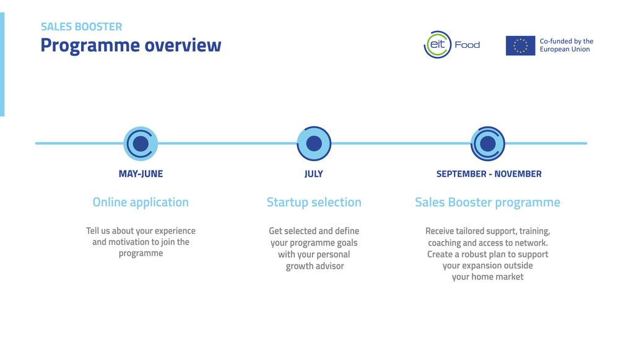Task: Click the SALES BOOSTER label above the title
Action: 81,27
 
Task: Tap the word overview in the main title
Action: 183,45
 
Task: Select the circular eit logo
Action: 437,45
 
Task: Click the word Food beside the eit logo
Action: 467,45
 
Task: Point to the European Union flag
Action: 520,45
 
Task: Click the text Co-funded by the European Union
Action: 567,45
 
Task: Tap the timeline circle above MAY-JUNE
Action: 141,144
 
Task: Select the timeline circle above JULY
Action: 314,144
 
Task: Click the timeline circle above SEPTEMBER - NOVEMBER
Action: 488,144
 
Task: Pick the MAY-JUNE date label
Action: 141,174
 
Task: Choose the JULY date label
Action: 314,174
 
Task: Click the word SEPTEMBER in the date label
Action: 461,174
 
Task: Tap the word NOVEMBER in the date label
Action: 518,174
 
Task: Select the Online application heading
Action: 141,202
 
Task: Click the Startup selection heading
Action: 314,202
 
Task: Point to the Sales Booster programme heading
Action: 488,202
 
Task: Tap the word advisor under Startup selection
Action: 329,266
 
